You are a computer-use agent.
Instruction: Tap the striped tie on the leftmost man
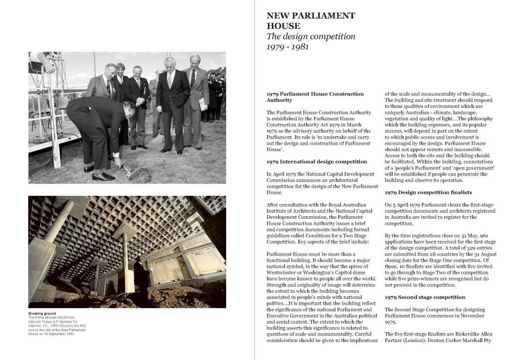(108, 89)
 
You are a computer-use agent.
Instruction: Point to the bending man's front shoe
(103, 177)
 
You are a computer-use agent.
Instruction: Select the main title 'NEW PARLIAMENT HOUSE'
(311, 20)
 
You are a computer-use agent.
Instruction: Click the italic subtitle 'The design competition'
(311, 36)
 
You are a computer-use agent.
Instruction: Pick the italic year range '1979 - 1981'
(288, 47)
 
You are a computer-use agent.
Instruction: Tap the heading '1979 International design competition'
(317, 162)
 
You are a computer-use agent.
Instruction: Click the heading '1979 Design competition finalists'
(428, 192)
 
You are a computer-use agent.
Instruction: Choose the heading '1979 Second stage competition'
(425, 297)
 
